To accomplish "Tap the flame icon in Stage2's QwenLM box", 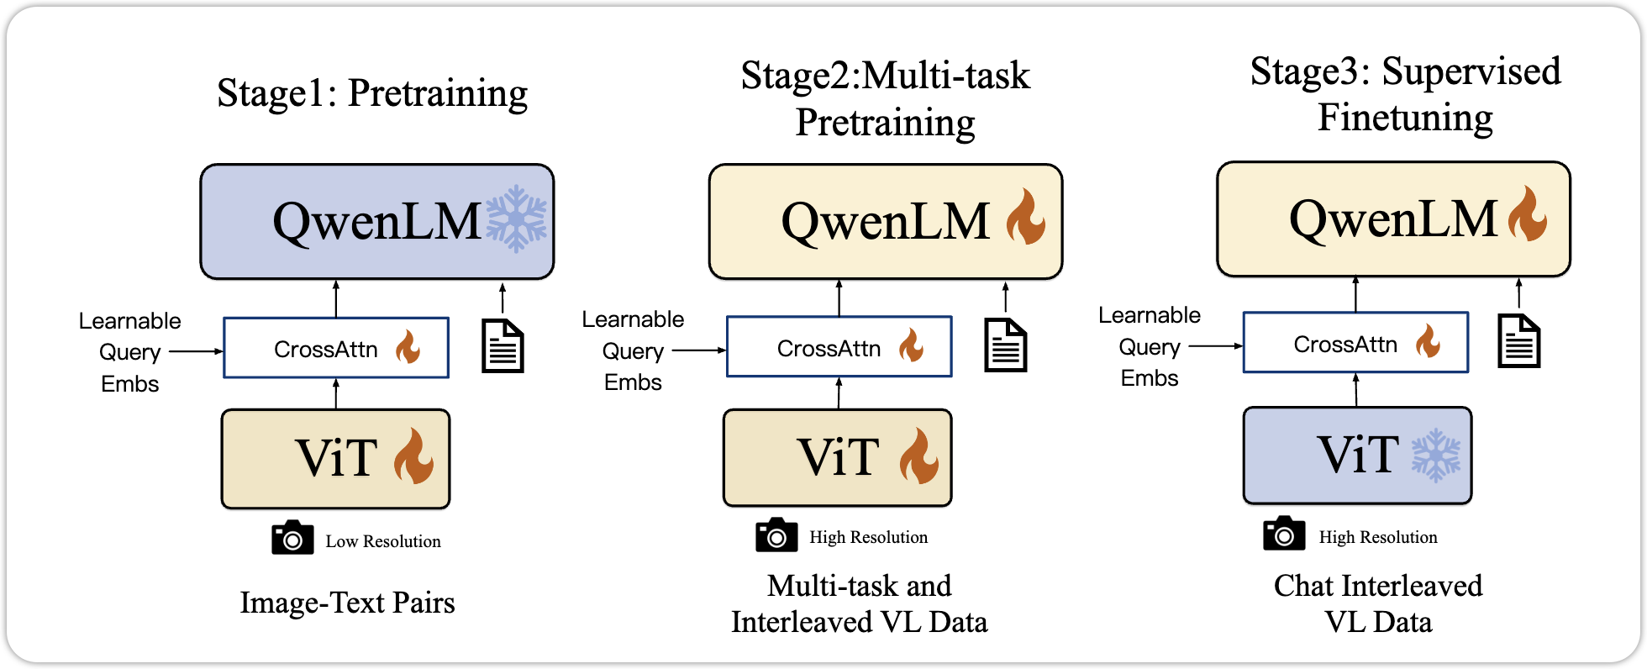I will pyautogui.click(x=1026, y=217).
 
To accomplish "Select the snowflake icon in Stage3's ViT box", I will pyautogui.click(x=1436, y=455).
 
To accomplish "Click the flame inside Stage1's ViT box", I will pyautogui.click(x=413, y=456).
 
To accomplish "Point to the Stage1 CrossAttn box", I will pyautogui.click(x=336, y=348).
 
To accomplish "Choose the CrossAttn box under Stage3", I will pyautogui.click(x=1355, y=343).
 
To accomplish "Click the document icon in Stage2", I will pyautogui.click(x=1006, y=345).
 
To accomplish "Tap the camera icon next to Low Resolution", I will pyautogui.click(x=292, y=538).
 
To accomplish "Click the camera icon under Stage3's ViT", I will pyautogui.click(x=1284, y=534).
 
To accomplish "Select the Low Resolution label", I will pyautogui.click(x=383, y=541).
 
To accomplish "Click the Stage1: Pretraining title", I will pyautogui.click(x=372, y=93).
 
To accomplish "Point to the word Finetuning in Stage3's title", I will pyautogui.click(x=1405, y=118).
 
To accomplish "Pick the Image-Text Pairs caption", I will pyautogui.click(x=347, y=603).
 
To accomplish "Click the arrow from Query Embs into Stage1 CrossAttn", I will pyautogui.click(x=196, y=351).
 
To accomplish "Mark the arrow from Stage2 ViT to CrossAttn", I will pyautogui.click(x=839, y=393).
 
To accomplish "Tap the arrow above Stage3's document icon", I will pyautogui.click(x=1518, y=294).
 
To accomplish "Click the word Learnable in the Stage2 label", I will pyautogui.click(x=633, y=319).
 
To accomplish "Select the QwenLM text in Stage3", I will pyautogui.click(x=1393, y=219).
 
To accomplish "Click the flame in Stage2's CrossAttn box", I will pyautogui.click(x=911, y=345).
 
